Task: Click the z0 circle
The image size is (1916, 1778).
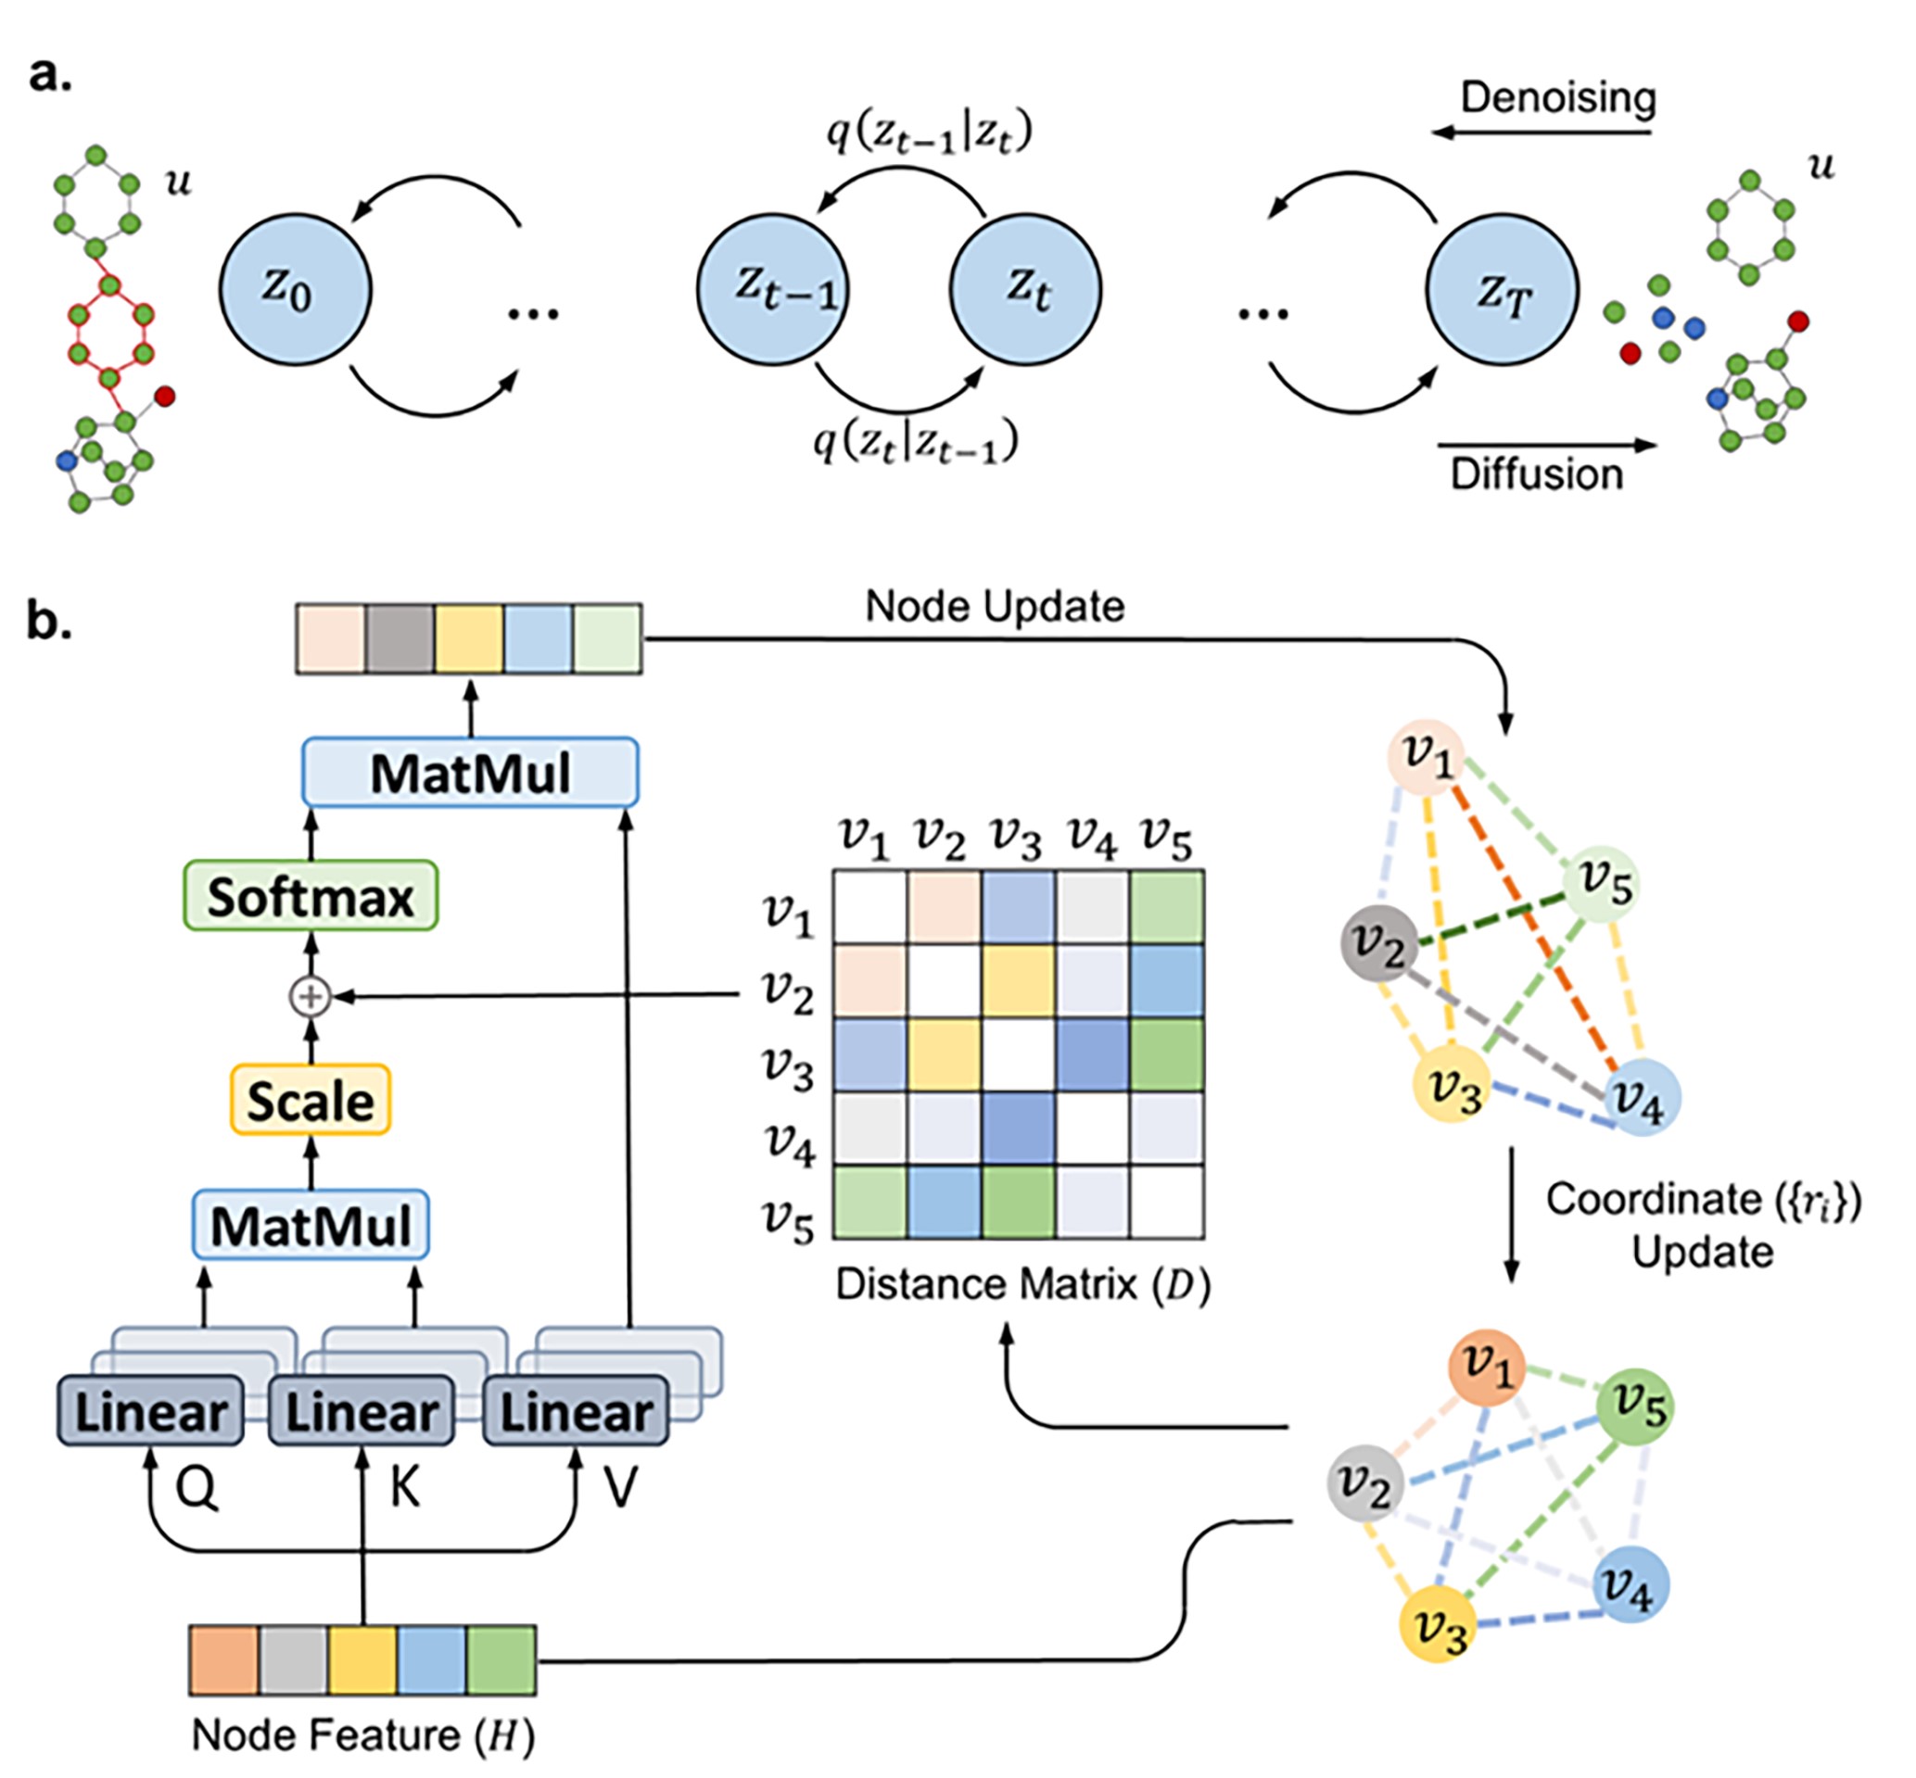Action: click(x=295, y=290)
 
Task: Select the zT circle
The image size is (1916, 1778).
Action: click(x=1501, y=290)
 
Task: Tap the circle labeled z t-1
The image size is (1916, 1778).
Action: click(x=773, y=290)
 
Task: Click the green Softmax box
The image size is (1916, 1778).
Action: click(x=310, y=896)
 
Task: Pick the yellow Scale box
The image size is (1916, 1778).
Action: click(x=310, y=1100)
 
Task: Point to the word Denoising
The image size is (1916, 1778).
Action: click(x=1557, y=98)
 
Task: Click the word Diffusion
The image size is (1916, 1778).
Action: click(x=1536, y=474)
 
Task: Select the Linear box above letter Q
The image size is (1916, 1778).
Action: click(x=150, y=1411)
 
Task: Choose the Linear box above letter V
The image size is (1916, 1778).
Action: click(x=576, y=1411)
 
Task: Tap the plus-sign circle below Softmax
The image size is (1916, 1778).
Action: click(x=310, y=997)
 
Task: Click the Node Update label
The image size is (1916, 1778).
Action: click(x=994, y=607)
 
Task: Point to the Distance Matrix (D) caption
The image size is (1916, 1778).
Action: click(x=1022, y=1284)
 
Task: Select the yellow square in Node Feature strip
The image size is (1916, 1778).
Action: click(x=362, y=1660)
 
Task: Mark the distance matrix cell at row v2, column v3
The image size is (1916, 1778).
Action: click(x=1018, y=981)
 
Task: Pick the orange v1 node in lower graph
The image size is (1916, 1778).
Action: click(x=1487, y=1367)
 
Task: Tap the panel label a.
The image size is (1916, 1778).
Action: click(x=50, y=74)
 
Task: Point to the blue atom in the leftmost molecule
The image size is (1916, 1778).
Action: click(x=67, y=461)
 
